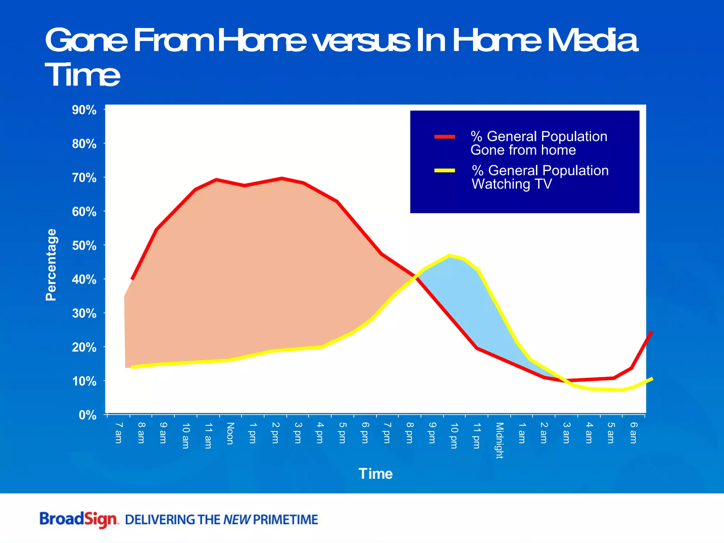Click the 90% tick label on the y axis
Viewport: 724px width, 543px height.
[84, 110]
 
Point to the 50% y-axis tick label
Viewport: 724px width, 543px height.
[84, 245]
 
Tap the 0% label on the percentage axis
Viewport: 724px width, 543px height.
[87, 415]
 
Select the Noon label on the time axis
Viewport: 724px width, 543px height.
[230, 433]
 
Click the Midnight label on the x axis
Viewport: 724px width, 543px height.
[499, 440]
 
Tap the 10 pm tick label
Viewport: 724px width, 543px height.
[454, 435]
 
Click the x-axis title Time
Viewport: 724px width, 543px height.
[375, 474]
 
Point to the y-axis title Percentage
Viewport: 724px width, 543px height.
[51, 265]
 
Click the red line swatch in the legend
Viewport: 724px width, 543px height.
[445, 137]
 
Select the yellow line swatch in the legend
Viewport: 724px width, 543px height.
[445, 171]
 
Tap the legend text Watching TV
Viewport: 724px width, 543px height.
[512, 184]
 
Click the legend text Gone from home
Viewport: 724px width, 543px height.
[523, 150]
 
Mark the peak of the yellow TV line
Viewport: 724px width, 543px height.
[449, 255]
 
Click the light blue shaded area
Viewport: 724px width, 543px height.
[470, 300]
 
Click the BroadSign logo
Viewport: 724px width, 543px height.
[78, 519]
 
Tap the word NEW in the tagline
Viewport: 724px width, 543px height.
[237, 520]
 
